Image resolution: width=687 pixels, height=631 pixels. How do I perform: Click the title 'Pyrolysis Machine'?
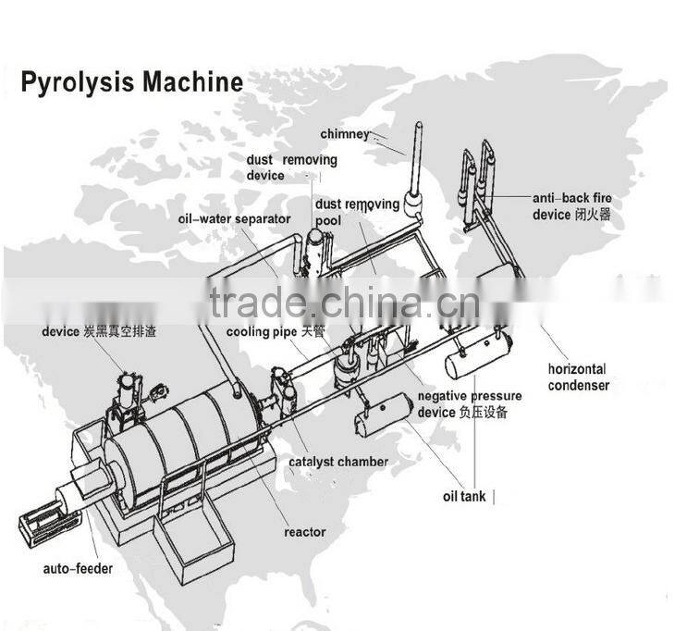pos(131,82)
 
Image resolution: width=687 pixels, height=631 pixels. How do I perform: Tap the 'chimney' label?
pos(345,134)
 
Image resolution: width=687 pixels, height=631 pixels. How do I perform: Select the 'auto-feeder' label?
pos(79,568)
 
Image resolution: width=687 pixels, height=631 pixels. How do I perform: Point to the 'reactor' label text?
pos(305,531)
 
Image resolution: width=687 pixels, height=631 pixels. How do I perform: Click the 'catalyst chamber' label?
pos(338,462)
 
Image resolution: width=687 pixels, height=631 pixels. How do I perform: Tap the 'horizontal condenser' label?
pos(578,377)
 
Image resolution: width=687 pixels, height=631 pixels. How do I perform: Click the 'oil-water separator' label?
pos(234,219)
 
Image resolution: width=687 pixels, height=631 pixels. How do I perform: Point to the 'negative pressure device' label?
pos(469,404)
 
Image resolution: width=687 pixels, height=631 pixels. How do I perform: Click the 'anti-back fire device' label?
pos(571,206)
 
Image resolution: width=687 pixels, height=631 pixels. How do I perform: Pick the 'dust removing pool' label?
pos(357,212)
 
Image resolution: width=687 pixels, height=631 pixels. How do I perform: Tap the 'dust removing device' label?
pos(291,167)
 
